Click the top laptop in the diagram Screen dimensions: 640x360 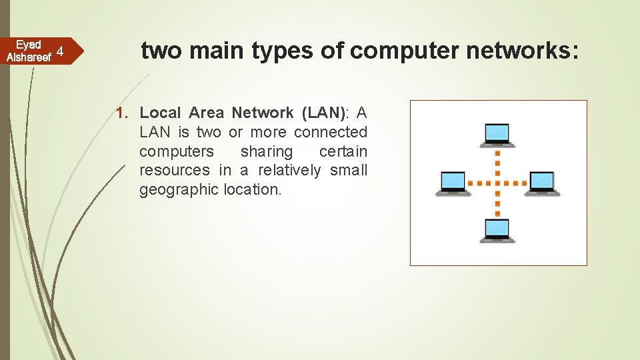point(497,135)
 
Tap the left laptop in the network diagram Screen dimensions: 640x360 point(453,183)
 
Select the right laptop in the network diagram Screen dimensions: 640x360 point(541,183)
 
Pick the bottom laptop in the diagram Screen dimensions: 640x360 point(497,230)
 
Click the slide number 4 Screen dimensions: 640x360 point(60,51)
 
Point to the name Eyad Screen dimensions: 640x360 point(29,45)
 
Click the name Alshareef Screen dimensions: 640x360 point(29,57)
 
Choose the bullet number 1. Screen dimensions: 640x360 point(122,113)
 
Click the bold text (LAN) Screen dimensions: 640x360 point(321,113)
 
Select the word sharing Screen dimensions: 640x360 point(267,151)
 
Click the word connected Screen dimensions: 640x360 point(331,132)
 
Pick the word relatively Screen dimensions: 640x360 point(289,171)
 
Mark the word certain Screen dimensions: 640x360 point(343,151)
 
